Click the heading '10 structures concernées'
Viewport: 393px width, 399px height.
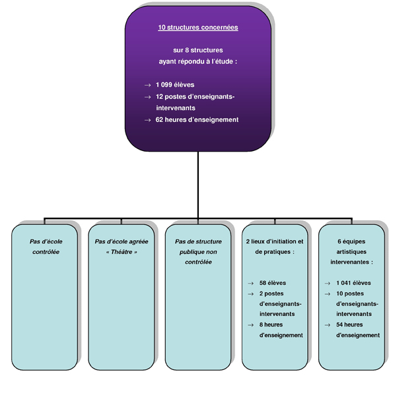pos(198,28)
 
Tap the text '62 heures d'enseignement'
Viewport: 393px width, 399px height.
pos(197,119)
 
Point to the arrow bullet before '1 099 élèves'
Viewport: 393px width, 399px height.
pos(147,85)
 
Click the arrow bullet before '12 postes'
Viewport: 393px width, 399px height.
pos(147,97)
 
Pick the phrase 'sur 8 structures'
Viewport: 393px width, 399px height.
pos(198,50)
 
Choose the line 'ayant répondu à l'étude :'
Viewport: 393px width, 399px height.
pos(198,61)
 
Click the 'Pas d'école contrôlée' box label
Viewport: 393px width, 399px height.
pos(46,247)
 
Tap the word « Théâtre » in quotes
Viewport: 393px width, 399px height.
pos(122,252)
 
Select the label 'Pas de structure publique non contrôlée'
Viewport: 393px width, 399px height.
pos(198,252)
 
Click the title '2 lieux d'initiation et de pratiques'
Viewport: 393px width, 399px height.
pos(275,247)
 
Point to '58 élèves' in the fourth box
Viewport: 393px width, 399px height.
pos(273,283)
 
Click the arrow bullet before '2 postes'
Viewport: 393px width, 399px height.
pos(251,294)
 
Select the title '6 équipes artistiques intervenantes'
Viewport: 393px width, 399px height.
pos(351,252)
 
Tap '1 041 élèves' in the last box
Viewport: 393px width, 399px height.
pos(353,283)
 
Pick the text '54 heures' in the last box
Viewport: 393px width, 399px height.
pos(349,324)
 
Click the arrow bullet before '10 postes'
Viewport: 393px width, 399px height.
pos(328,294)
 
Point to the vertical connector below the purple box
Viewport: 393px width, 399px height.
pos(198,185)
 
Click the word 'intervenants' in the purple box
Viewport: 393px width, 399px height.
pos(176,108)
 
